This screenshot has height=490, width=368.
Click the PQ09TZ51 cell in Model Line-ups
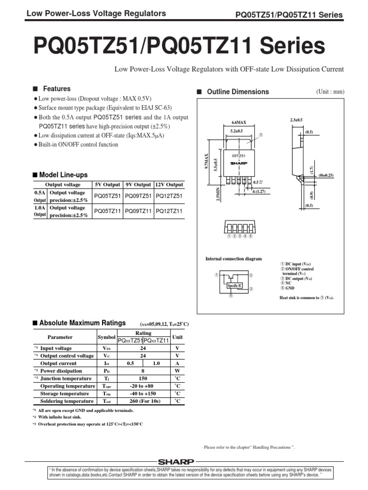point(138,196)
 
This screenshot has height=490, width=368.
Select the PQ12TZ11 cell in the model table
point(169,211)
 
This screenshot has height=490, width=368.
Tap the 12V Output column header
point(169,185)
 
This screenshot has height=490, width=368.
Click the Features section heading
point(57,89)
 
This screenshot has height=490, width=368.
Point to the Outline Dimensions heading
point(238,92)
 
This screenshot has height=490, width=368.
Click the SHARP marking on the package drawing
point(239,163)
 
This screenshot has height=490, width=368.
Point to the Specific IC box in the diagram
point(235,286)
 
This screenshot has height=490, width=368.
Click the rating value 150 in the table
point(143,379)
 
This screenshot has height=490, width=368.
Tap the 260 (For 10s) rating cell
point(143,401)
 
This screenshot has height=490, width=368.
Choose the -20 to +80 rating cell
point(143,386)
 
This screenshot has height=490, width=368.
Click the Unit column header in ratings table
point(177,337)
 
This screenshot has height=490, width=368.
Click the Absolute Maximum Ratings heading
point(82,323)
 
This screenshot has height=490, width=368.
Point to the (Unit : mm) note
point(330,92)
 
